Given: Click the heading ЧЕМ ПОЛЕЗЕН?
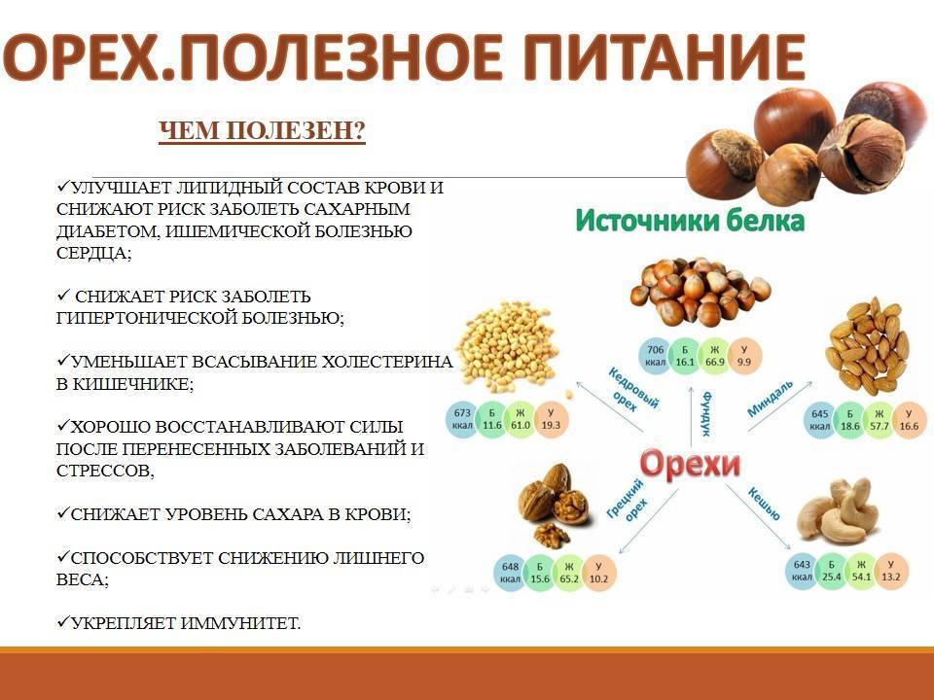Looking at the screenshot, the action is click(262, 130).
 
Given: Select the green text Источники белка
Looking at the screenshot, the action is click(690, 221).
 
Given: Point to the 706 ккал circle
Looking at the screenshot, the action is click(655, 356).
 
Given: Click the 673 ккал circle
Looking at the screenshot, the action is click(462, 420).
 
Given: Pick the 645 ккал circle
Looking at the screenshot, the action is click(819, 420).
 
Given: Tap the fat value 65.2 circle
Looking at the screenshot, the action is click(569, 573).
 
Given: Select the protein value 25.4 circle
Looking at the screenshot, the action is click(832, 571).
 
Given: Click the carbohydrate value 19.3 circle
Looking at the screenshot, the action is click(551, 420).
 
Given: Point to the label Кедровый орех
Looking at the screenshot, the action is click(632, 391).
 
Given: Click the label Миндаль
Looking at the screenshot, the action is click(770, 398).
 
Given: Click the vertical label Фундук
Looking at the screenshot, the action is click(706, 413).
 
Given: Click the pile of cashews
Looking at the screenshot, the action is click(839, 511).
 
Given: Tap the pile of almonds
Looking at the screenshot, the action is click(867, 346).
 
